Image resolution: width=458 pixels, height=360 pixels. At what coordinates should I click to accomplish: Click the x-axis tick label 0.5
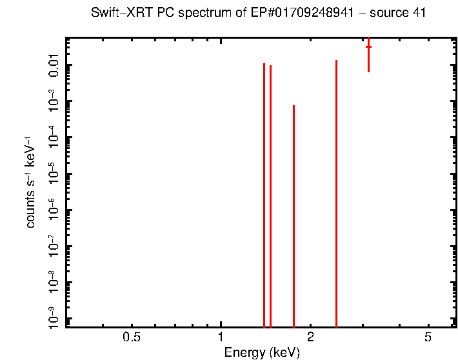pyautogui.click(x=132, y=337)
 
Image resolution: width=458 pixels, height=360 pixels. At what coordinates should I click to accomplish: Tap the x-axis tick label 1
pyautogui.click(x=221, y=337)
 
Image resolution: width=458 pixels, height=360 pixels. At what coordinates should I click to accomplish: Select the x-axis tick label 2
pyautogui.click(x=310, y=337)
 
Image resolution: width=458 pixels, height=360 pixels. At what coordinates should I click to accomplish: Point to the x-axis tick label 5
pyautogui.click(x=428, y=337)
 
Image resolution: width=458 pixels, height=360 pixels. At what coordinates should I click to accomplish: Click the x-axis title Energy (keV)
pyautogui.click(x=261, y=352)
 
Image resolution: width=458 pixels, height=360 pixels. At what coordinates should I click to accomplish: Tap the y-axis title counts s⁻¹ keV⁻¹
pyautogui.click(x=30, y=182)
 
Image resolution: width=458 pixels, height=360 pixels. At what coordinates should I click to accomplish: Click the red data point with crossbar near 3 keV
pyautogui.click(x=368, y=47)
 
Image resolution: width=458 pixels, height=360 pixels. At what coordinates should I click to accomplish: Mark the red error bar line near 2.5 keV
pyautogui.click(x=336, y=194)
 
